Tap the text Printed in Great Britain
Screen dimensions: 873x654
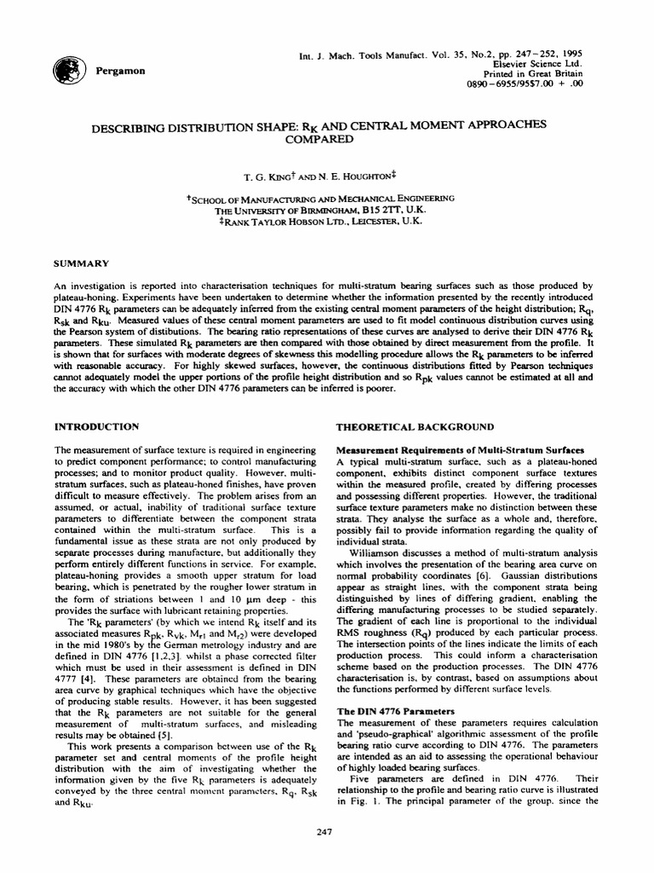click(x=536, y=75)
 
